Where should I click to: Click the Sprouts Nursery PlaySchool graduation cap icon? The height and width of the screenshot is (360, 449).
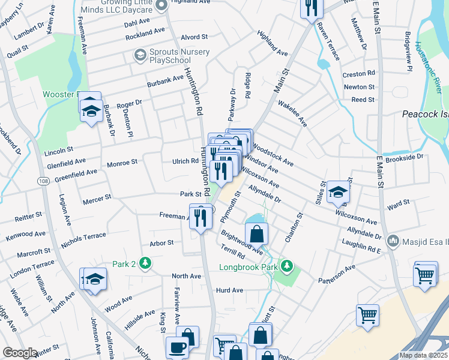tap(140, 56)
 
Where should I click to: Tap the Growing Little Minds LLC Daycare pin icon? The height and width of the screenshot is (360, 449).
tap(160, 5)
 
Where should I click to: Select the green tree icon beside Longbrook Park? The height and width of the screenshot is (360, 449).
tap(288, 265)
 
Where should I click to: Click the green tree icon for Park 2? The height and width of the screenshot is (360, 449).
tap(145, 263)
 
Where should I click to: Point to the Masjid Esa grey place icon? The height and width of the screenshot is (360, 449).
tap(394, 240)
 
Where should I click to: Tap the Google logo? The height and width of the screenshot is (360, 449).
tap(20, 353)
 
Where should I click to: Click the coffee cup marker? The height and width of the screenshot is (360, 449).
tap(176, 347)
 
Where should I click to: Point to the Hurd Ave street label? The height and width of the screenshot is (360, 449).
tap(229, 290)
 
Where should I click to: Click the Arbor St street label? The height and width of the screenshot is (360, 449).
tap(161, 243)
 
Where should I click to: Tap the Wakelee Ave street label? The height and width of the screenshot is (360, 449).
tap(292, 113)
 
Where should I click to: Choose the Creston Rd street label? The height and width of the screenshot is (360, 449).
tap(358, 74)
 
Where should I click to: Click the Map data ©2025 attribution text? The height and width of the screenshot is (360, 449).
tap(423, 355)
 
